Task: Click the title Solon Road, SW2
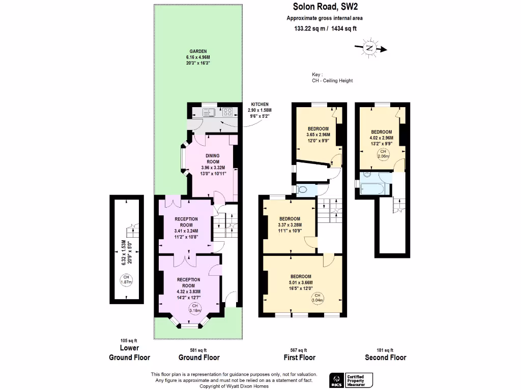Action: (x=325, y=7)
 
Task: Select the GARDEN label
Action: (x=198, y=52)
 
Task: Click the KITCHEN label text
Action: (x=259, y=104)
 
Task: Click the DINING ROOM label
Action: (x=212, y=159)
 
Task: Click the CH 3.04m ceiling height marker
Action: (x=317, y=298)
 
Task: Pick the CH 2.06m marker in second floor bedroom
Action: (x=382, y=154)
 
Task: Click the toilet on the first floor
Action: (x=304, y=190)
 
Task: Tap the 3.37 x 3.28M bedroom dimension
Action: (x=290, y=225)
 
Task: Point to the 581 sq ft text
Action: (x=198, y=350)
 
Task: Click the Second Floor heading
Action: (x=386, y=357)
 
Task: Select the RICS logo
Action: (x=336, y=379)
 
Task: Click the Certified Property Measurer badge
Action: (x=359, y=379)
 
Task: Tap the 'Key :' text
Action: (x=317, y=74)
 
